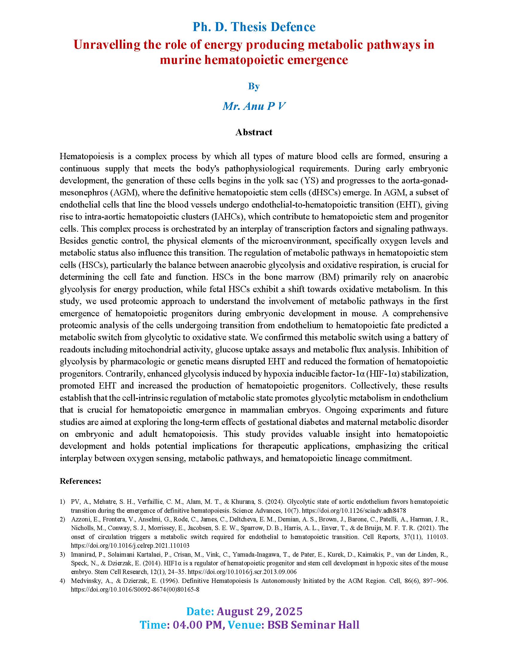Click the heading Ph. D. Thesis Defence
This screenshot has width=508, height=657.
pos(254,27)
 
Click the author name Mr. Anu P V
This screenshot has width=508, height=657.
pos(254,106)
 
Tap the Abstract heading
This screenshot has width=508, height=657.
pos(254,132)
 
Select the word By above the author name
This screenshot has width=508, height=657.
pos(254,86)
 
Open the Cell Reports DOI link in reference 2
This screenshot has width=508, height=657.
pos(130,545)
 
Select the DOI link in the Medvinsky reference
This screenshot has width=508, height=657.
pos(135,590)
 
